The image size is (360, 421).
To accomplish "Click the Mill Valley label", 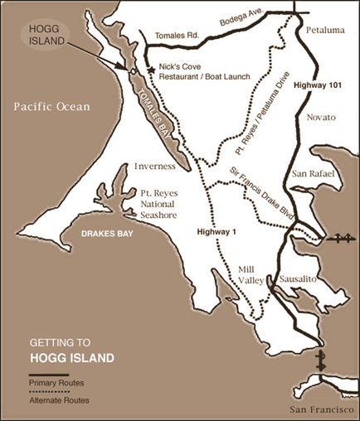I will [x=248, y=275].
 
